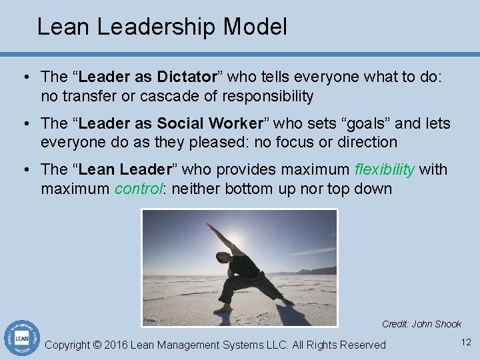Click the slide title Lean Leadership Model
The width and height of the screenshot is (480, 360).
[162, 27]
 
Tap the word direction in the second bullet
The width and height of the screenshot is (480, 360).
[366, 143]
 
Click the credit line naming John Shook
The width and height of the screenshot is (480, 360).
[421, 325]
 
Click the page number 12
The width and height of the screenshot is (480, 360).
[465, 343]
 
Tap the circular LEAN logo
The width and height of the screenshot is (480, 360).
[22, 339]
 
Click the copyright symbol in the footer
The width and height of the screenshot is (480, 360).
[97, 345]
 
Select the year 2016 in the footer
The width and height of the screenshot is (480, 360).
[116, 345]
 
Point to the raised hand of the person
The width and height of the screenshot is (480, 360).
[209, 227]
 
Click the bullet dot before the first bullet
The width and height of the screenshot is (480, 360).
[25, 77]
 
